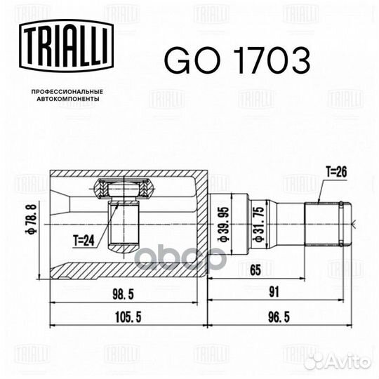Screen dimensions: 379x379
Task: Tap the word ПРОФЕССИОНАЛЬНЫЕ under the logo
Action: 67,93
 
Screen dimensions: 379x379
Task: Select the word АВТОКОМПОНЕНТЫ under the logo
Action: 67,100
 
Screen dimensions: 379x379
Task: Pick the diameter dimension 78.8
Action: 31,222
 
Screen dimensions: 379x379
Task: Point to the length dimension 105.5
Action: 128,317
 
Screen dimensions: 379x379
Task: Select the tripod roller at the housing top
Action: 125,189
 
